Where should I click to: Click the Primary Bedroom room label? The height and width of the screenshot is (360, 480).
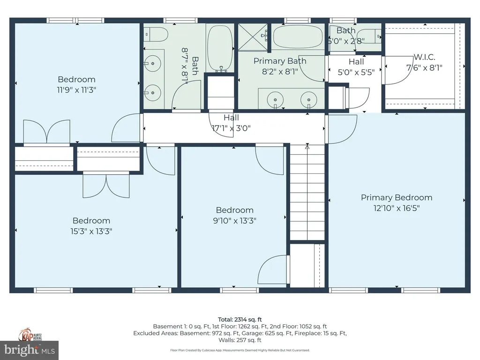(396, 197)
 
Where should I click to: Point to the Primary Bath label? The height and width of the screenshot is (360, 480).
(280, 61)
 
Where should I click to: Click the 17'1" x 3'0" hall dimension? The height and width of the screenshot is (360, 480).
(233, 127)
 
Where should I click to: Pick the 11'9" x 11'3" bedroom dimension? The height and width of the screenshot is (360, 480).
(76, 90)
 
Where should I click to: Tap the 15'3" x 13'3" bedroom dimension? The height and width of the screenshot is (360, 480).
(91, 231)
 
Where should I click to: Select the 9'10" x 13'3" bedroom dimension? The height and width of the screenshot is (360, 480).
(234, 220)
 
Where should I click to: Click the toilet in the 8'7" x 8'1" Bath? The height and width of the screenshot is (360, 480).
(156, 34)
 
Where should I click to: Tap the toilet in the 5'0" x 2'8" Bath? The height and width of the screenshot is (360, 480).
(373, 36)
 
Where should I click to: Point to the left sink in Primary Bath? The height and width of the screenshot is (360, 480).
(274, 99)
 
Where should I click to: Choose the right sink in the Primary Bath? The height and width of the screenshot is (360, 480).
(308, 99)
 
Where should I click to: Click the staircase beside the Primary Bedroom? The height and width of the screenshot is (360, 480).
(307, 192)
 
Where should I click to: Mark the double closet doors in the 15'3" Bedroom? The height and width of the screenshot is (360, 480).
(106, 186)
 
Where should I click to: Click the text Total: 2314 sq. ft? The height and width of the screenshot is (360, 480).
(240, 319)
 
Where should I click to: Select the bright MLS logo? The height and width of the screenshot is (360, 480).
(29, 350)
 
